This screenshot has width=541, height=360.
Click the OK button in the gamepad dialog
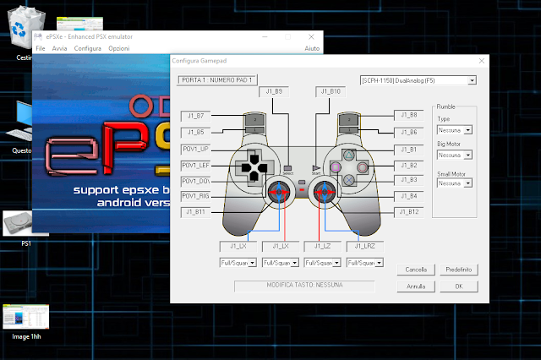coord(459,286)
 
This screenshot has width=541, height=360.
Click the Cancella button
coord(415,269)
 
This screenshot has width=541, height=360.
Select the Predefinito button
coord(459,269)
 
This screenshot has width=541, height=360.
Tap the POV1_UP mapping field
coord(194,148)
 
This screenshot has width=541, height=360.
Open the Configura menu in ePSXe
coord(87,49)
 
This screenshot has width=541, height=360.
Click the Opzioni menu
coord(119,49)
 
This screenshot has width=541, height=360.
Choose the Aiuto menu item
coord(312,49)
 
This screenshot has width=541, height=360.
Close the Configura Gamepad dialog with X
coord(481,62)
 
